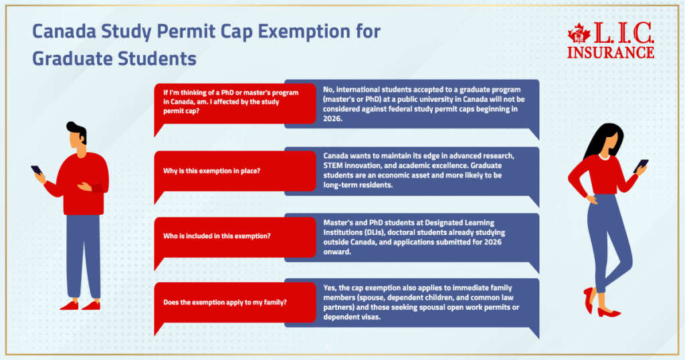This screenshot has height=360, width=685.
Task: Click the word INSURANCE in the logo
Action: [x=611, y=52]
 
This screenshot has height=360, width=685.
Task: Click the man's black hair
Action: [x=77, y=130]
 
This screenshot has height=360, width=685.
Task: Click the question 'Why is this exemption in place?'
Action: [x=211, y=171]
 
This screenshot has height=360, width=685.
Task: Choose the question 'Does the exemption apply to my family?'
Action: [x=225, y=302]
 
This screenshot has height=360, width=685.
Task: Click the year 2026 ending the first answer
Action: [x=332, y=118]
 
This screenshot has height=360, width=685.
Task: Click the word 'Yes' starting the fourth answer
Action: [x=329, y=286]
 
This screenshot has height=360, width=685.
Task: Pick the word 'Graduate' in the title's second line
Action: [x=74, y=58]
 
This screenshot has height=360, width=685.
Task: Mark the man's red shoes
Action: [x=79, y=305]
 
